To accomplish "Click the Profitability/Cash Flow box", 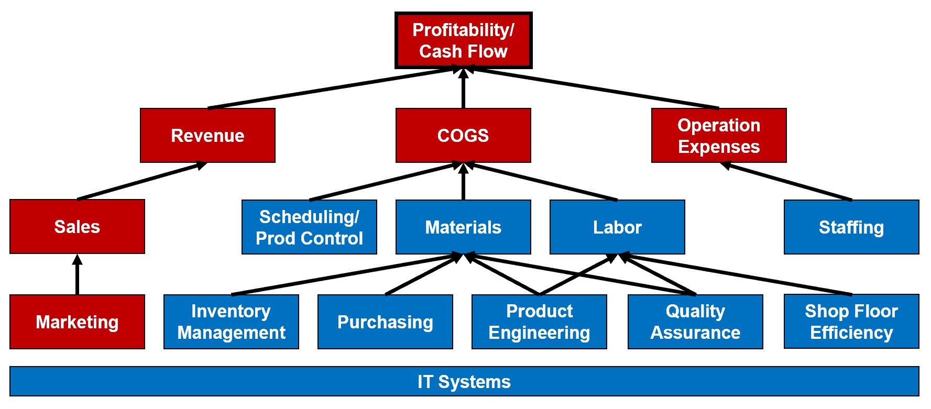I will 463,41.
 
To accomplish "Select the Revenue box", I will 207,136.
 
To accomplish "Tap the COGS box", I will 463,136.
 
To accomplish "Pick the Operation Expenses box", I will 719,136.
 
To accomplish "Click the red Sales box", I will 77,227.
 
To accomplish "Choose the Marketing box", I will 77,322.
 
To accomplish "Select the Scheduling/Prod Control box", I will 309,227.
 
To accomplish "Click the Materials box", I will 463,227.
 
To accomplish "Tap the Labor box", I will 617,227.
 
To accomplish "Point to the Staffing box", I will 851,227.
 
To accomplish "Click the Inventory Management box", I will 231,322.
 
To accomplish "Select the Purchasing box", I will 385,322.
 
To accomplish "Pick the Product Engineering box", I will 539,322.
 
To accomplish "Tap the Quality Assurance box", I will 695,322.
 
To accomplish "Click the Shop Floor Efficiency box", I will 851,322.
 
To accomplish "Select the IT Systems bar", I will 464,381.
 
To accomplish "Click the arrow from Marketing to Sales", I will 77,275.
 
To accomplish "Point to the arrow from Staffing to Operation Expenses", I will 786,181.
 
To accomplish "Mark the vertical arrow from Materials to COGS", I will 463,182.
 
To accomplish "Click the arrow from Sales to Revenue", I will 141,181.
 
